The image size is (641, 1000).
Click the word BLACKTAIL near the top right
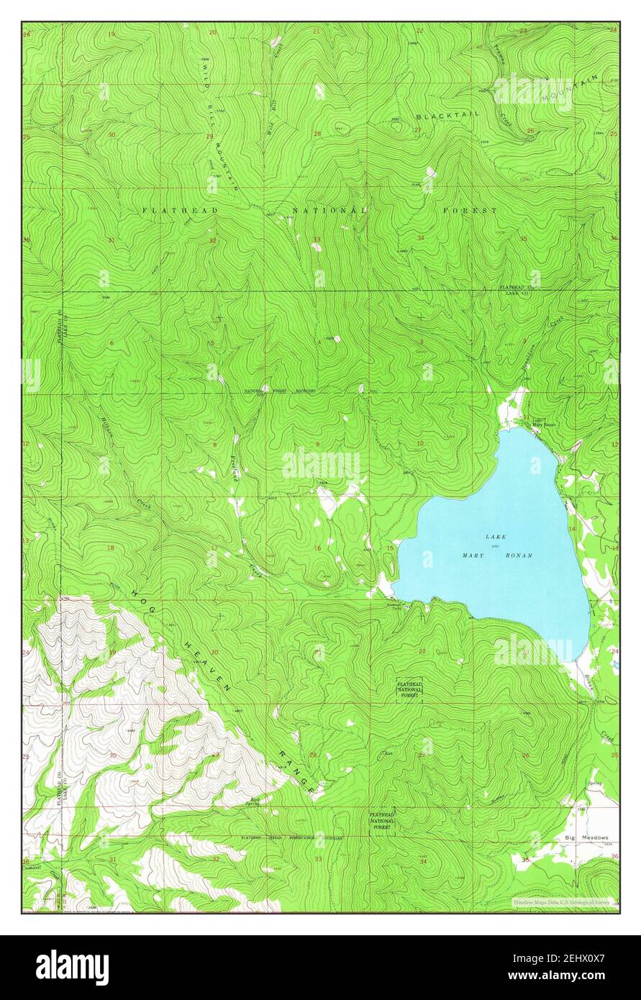447,115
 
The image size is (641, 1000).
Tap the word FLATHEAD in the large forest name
170,209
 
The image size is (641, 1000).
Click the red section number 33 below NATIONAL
317,239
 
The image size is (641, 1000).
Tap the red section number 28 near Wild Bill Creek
317,134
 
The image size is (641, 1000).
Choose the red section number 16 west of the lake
317,548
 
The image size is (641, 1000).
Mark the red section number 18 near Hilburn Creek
111,548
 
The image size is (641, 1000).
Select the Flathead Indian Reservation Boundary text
291,838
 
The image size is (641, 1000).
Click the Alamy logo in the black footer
72,968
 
